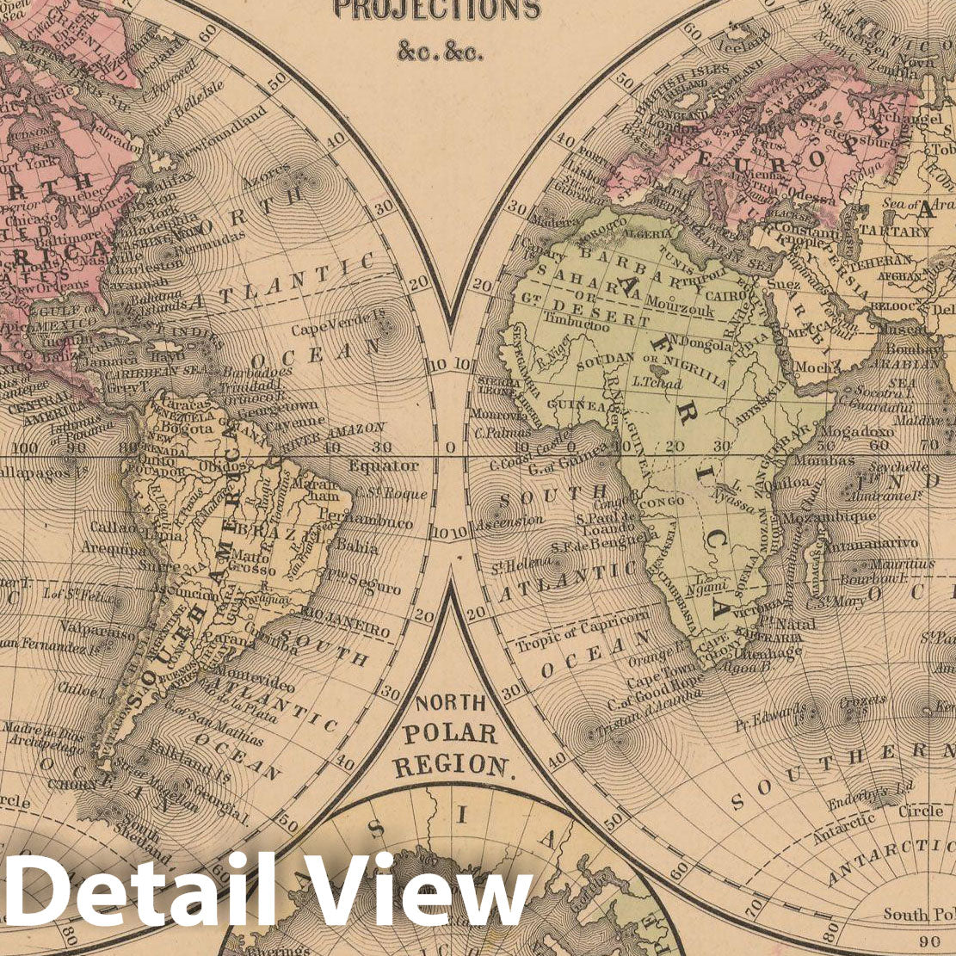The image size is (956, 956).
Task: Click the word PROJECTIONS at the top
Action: [436, 9]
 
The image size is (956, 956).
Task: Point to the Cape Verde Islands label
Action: [331, 326]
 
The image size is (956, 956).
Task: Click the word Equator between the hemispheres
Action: [384, 466]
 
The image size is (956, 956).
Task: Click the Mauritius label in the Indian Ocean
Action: [901, 564]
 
